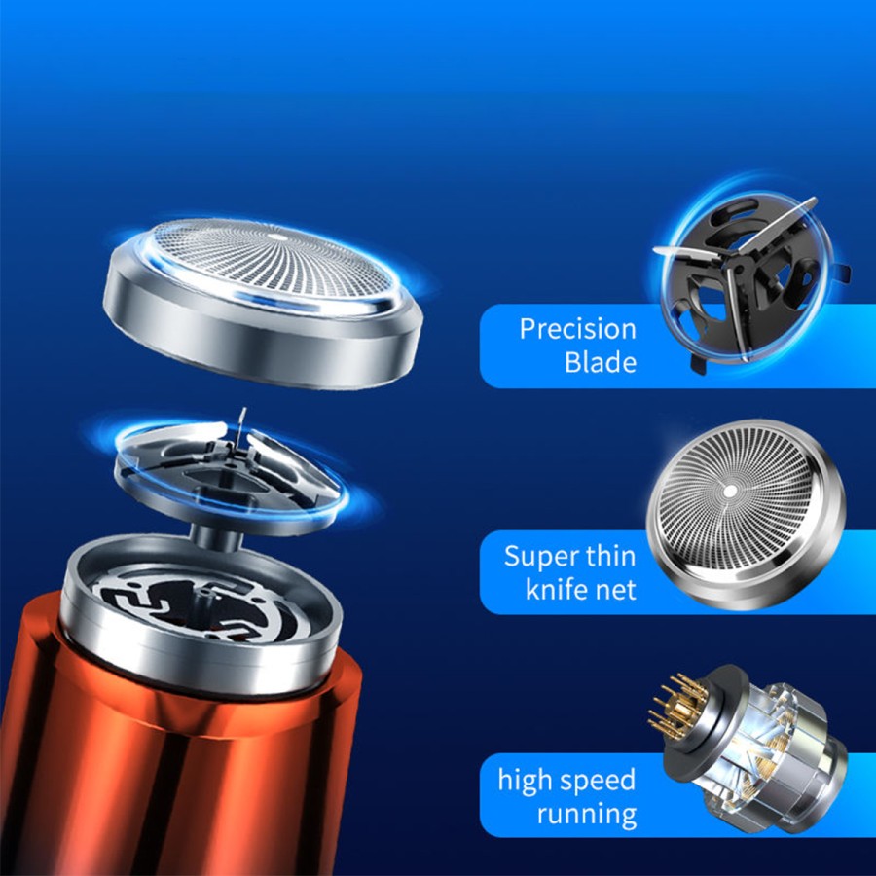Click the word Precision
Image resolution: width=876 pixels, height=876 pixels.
point(577,329)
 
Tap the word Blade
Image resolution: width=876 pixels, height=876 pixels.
point(600,363)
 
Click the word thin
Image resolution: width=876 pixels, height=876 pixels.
point(610,556)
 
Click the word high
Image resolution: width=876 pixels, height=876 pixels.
point(529,781)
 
